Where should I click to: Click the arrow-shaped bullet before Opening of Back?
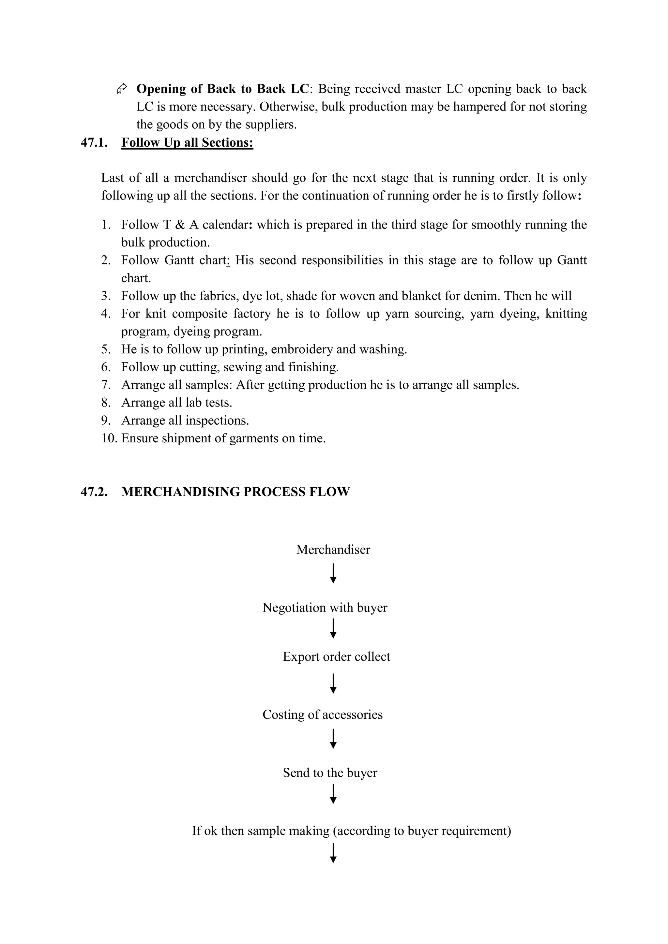(122, 88)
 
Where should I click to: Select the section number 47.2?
(94, 492)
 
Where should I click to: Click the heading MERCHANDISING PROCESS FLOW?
(235, 492)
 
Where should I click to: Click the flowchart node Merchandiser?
(333, 550)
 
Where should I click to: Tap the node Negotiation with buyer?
(325, 607)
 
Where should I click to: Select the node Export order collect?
(337, 656)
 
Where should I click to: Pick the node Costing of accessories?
(323, 715)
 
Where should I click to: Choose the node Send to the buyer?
(330, 773)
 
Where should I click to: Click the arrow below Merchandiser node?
(333, 574)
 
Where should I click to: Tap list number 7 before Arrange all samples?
(106, 385)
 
